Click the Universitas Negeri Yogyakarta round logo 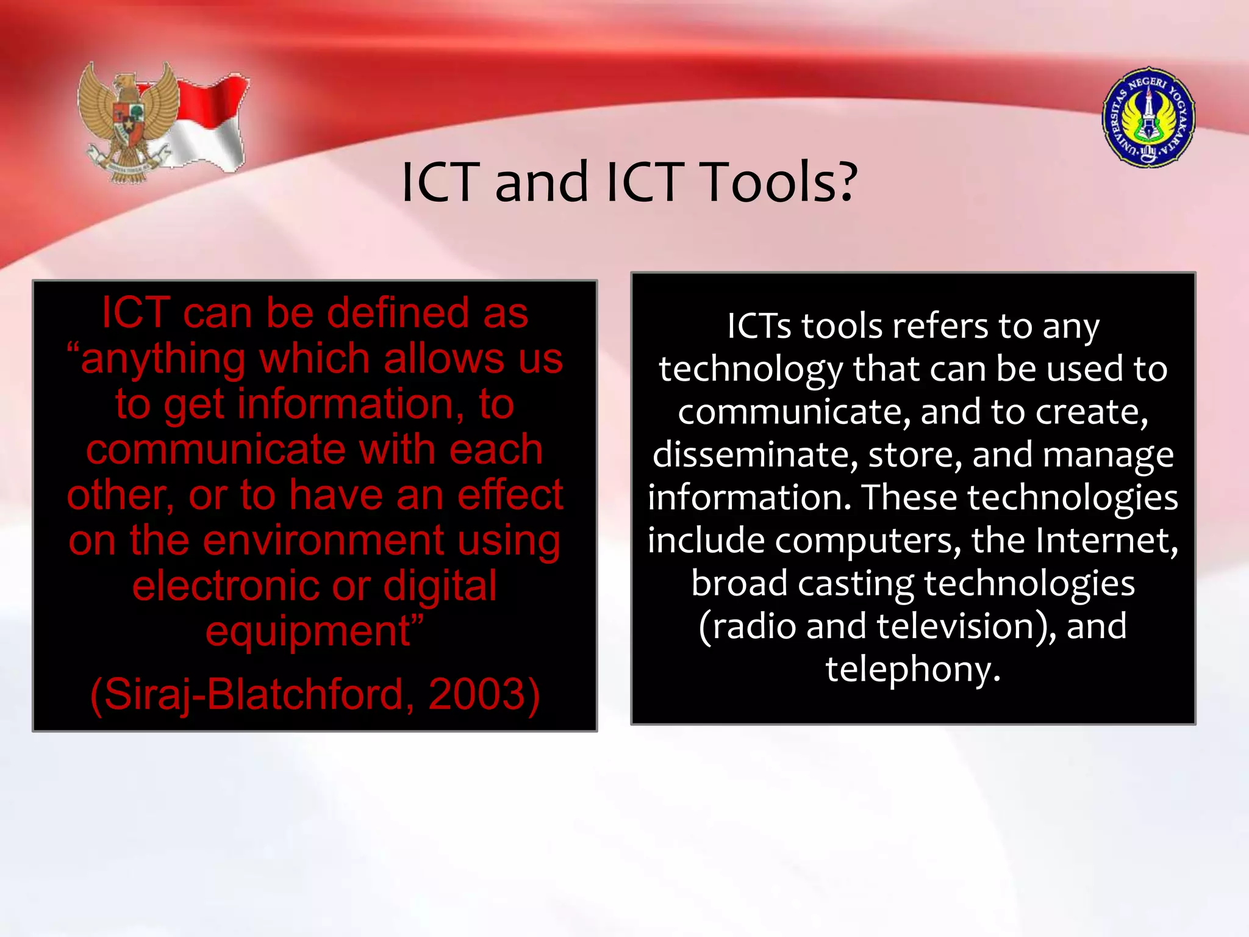pos(1148,117)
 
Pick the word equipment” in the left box pos(314,631)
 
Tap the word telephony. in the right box pos(913,669)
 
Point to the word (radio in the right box pos(747,626)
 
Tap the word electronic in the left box pos(225,586)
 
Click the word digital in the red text pos(440,586)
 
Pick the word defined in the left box pos(398,313)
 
